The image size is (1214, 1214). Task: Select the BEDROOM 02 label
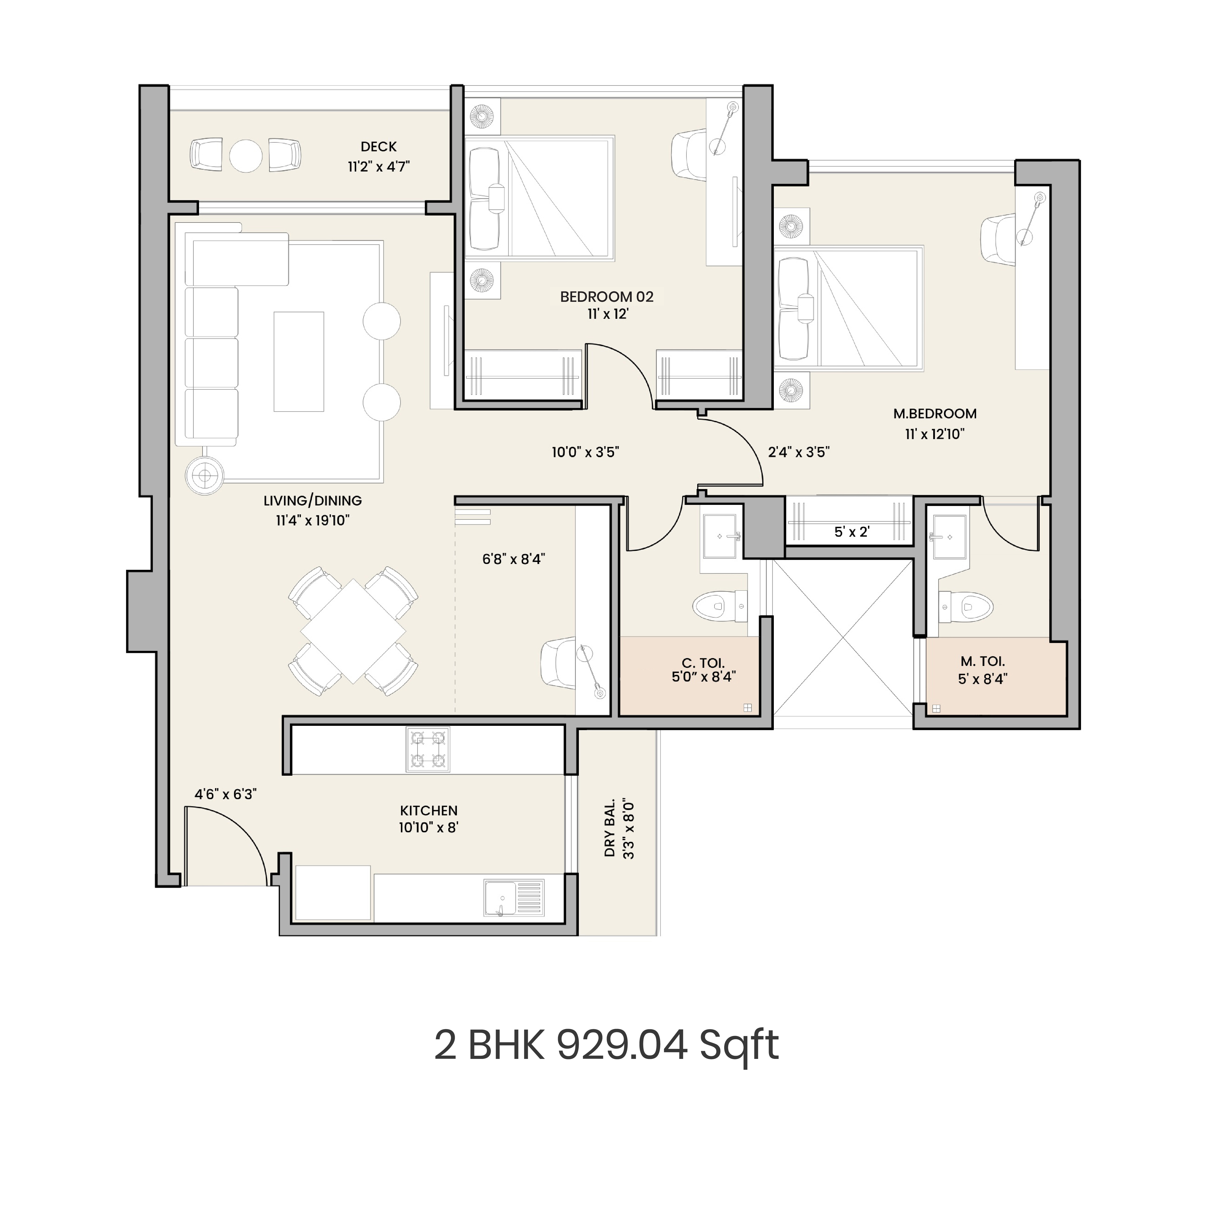606,297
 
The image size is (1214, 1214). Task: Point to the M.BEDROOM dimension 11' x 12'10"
934,434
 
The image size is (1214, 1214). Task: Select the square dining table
353,631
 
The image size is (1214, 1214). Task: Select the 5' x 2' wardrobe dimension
851,532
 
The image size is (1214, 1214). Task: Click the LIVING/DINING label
312,501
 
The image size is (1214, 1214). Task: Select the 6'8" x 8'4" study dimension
513,559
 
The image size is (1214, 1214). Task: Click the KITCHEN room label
429,811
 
